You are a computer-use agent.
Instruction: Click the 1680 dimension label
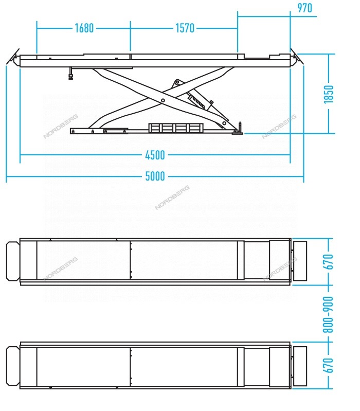coord(84,28)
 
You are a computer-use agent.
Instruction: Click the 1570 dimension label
coord(185,28)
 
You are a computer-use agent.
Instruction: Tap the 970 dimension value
coord(305,8)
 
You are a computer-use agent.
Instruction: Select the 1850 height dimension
coord(329,94)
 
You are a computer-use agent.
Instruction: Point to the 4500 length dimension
coord(155,155)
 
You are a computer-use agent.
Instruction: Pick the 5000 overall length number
coord(155,176)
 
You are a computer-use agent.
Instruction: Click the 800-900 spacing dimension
coord(328,314)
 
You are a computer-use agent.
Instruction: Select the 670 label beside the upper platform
coord(328,262)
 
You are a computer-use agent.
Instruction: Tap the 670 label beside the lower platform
coord(328,365)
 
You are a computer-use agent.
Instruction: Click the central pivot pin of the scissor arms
coord(163,100)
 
